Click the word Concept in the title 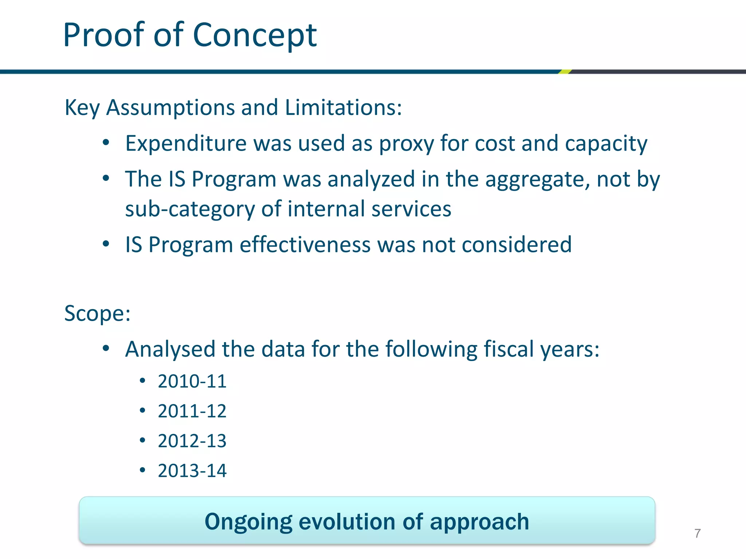click(x=255, y=35)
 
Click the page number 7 click(x=698, y=534)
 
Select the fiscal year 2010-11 click(x=192, y=381)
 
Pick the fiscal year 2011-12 click(x=192, y=411)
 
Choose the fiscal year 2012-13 click(x=192, y=441)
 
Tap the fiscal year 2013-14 click(x=192, y=471)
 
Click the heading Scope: click(x=97, y=313)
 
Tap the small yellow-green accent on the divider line click(x=565, y=72)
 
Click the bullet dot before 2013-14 click(x=142, y=470)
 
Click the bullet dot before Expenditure click(x=106, y=143)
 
